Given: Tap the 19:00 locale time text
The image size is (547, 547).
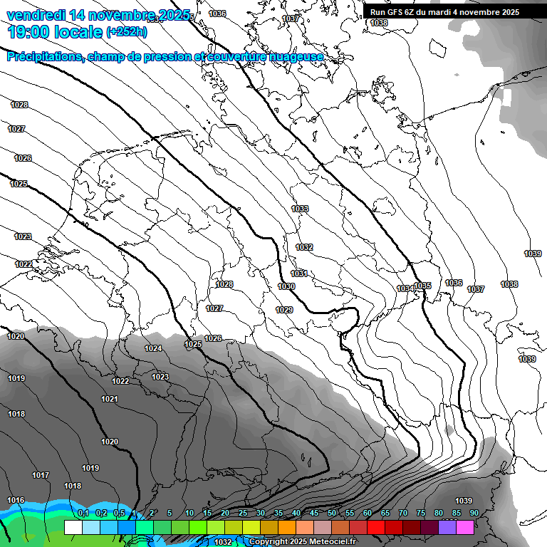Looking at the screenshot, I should pos(54,31).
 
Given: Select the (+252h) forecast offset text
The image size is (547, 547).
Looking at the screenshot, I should pos(127,31).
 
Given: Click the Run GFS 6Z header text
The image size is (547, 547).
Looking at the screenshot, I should pos(399,12).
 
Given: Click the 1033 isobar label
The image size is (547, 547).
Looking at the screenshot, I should pos(300,209).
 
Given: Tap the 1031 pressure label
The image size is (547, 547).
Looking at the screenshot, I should pos(298,273).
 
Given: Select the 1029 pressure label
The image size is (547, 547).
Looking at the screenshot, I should pos(284,310).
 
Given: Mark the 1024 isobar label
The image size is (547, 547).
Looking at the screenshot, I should pos(153,348).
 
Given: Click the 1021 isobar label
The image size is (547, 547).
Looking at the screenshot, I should pos(109,399).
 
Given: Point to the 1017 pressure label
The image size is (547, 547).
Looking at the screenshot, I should pos(41,475).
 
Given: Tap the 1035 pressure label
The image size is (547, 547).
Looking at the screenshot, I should pos(422,286).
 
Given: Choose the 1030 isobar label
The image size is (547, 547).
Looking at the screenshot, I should pos(286,286).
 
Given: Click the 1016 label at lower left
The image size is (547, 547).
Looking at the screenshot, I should pos(16,500).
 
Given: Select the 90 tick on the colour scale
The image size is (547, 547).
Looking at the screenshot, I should pos(474,514).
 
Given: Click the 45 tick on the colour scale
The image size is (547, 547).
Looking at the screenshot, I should pos(314,514).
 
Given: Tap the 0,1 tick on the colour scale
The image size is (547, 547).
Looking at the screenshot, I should pos(83,514).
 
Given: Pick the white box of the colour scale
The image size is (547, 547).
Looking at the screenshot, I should pos(73,527).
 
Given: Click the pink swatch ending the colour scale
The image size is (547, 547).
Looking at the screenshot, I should pos(465,527).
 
